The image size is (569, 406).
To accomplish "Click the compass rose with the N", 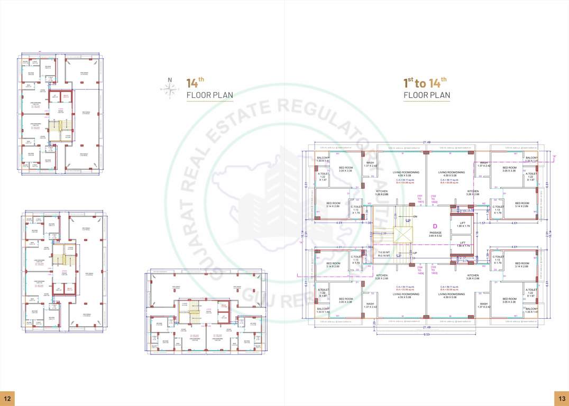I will coord(170,88).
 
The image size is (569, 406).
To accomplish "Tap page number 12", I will coord(7,399).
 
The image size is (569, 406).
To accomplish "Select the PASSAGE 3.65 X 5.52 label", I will coord(435,234).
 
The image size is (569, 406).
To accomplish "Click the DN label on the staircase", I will coord(415,216).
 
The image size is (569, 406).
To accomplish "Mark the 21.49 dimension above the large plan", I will coord(425,142).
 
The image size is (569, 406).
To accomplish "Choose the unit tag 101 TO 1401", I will coord(420,200).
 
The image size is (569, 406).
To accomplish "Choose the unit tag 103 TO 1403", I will coord(434,271).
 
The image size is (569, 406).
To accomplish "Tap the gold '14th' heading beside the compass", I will coord(195,82).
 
